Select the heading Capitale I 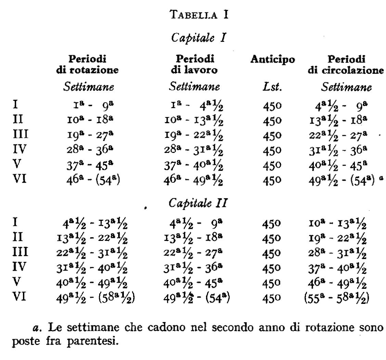(194, 37)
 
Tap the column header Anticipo (272, 60)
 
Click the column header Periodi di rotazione (87, 64)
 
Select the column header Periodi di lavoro (194, 64)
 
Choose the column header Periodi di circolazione (345, 64)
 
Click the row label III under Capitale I (20, 134)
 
